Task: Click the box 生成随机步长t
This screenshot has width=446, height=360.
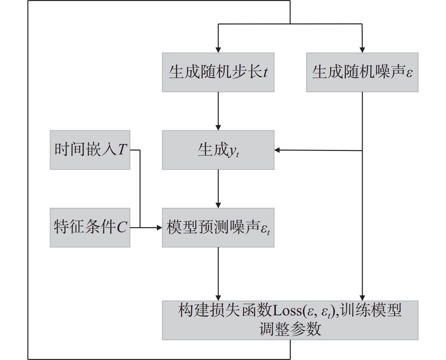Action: pos(218,72)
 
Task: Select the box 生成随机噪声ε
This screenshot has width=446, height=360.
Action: pos(362,72)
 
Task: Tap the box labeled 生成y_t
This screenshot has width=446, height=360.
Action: pos(218,150)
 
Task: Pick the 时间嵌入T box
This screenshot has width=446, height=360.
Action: pos(90,150)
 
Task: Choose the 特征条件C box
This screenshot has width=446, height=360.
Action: pos(90,227)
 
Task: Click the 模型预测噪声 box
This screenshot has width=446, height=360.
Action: pos(218,227)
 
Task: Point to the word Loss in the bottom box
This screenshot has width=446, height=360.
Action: pos(287,310)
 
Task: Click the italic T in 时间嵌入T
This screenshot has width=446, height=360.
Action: pos(122,149)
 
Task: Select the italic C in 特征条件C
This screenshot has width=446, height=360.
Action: pos(122,227)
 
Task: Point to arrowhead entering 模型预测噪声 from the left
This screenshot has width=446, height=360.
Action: pos(159,227)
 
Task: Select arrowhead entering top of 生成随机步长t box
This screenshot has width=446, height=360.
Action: pos(218,50)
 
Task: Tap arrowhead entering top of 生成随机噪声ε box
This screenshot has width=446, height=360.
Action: pos(362,50)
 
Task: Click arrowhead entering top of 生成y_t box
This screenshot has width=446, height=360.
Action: pos(218,128)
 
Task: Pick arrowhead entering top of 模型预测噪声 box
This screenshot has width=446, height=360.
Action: pos(218,205)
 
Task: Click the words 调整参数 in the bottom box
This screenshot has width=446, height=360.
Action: pos(290,329)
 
